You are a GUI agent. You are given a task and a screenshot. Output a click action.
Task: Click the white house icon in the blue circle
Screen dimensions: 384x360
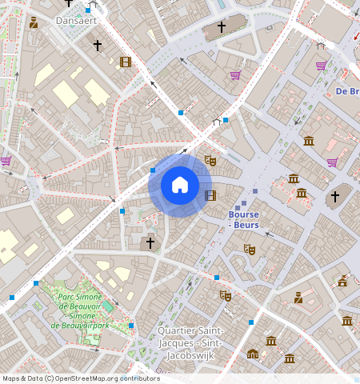(x=180, y=185)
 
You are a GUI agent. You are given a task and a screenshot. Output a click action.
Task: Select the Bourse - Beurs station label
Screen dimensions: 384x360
(x=244, y=219)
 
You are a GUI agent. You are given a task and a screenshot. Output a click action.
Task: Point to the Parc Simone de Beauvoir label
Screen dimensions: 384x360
(x=79, y=311)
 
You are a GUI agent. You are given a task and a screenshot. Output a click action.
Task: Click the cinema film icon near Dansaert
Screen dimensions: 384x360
(x=125, y=62)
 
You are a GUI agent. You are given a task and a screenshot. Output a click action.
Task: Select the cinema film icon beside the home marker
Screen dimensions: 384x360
(x=210, y=195)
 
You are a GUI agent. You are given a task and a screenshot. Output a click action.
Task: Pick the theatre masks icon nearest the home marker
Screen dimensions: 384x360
(x=210, y=160)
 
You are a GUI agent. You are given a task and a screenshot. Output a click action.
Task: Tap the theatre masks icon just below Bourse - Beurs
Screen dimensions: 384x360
(x=250, y=249)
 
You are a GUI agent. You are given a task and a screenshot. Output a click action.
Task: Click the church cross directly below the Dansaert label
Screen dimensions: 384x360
(x=98, y=46)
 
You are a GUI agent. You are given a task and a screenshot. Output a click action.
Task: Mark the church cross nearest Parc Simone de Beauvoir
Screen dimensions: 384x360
(x=149, y=242)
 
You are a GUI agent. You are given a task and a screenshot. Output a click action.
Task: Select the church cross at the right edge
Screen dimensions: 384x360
(x=335, y=196)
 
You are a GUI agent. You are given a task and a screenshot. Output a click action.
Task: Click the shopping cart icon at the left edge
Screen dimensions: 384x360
(x=6, y=160)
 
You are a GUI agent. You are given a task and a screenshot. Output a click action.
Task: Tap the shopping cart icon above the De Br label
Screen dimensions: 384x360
(x=321, y=66)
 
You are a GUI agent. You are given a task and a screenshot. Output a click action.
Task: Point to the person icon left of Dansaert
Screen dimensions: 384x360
(x=33, y=22)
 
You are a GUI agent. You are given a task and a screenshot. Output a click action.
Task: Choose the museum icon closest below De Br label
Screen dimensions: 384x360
(x=309, y=141)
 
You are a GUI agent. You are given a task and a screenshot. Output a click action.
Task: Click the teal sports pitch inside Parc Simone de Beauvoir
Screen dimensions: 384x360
(x=107, y=307)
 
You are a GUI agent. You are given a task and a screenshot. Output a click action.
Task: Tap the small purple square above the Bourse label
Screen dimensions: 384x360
(x=255, y=191)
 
